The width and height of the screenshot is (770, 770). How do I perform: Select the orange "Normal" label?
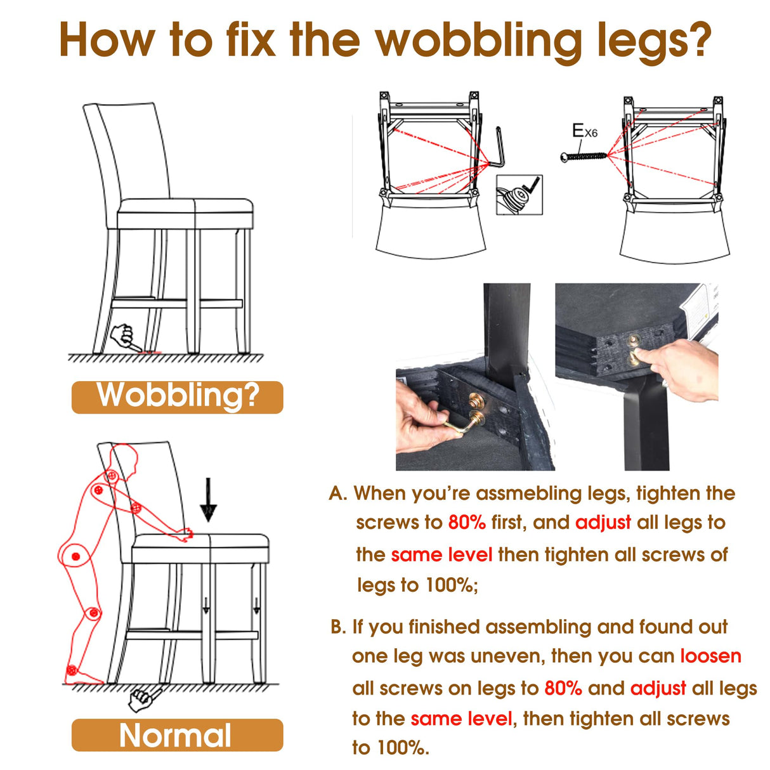177,735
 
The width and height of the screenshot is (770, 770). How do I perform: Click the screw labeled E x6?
584,156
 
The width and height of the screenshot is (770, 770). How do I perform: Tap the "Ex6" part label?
585,131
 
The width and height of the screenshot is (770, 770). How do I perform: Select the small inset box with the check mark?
519,195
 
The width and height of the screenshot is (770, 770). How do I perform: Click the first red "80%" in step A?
467,522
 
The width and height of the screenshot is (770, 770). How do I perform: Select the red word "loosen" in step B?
710,656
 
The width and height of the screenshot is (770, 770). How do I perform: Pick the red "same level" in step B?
462,719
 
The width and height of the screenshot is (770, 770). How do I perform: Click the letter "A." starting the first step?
338,493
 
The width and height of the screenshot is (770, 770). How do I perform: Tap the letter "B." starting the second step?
338,627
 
